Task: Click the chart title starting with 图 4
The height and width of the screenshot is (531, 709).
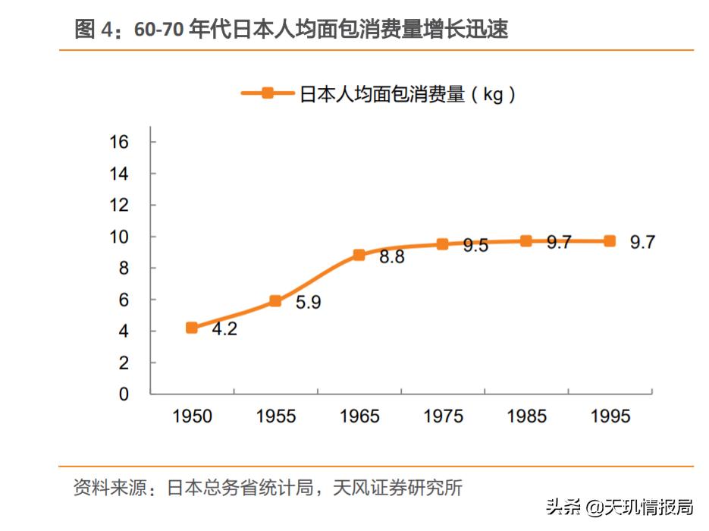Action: point(291,30)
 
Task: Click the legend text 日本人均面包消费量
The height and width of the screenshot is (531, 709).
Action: point(382,94)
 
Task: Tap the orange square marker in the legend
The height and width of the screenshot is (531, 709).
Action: point(267,93)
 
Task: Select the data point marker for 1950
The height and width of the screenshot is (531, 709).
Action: point(192,328)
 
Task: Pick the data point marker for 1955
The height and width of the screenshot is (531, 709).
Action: point(275,301)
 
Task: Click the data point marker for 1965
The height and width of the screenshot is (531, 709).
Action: point(359,255)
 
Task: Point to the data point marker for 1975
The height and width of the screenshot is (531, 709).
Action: point(442,244)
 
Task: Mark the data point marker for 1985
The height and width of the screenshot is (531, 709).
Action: point(525,241)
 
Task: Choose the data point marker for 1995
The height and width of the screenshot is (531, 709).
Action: point(609,241)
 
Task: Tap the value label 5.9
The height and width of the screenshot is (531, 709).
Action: point(308,303)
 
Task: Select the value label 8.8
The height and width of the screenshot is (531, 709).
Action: point(391,257)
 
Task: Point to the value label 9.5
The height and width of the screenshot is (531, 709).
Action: point(475,246)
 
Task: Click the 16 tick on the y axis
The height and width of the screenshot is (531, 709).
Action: point(119,142)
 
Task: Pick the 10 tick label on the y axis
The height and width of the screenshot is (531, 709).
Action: point(119,237)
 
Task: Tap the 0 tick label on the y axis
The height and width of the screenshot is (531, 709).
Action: point(124,394)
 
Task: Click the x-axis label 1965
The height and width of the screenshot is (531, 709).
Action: point(359,416)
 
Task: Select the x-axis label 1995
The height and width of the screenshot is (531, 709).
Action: point(610,416)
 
